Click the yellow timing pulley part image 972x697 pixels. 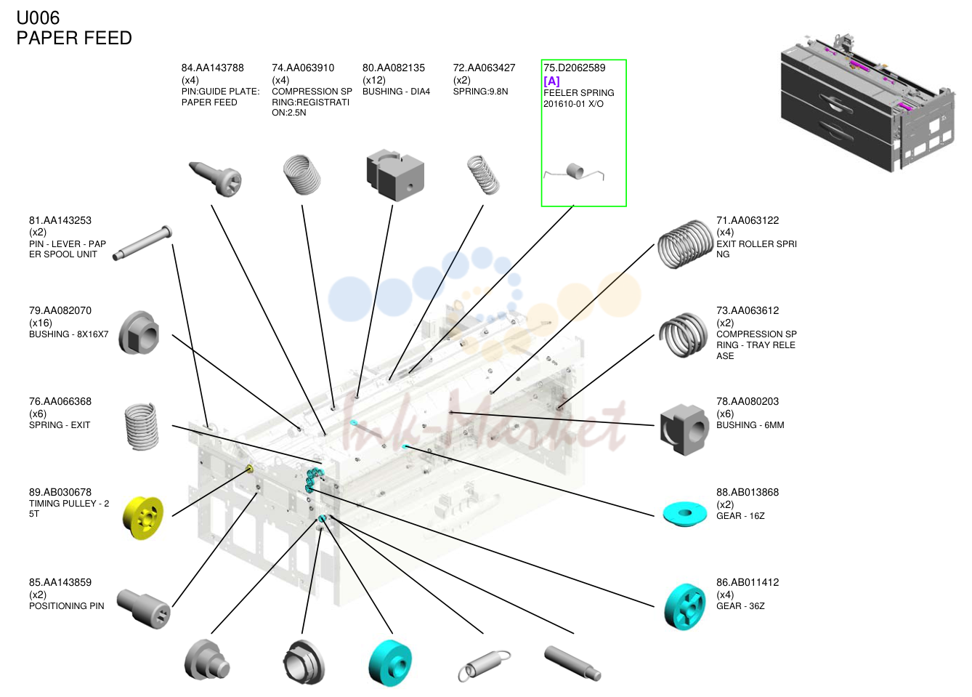tap(143, 518)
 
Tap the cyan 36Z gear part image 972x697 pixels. tap(684, 607)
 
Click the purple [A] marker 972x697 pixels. tap(551, 81)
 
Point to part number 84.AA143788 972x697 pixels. tap(213, 68)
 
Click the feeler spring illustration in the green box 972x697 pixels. tap(574, 172)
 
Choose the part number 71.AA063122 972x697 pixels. tap(748, 220)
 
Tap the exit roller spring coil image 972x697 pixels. tap(685, 244)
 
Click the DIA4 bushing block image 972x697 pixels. tap(395, 175)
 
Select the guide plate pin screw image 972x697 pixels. tap(215, 179)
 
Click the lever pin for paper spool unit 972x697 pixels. tap(142, 243)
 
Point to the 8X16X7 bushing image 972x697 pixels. tap(139, 332)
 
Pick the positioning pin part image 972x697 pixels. tap(144, 608)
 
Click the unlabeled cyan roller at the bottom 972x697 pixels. tap(389, 663)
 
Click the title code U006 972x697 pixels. tap(38, 18)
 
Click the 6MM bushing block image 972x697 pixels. tap(684, 430)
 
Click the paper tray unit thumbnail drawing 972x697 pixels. tap(867, 103)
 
